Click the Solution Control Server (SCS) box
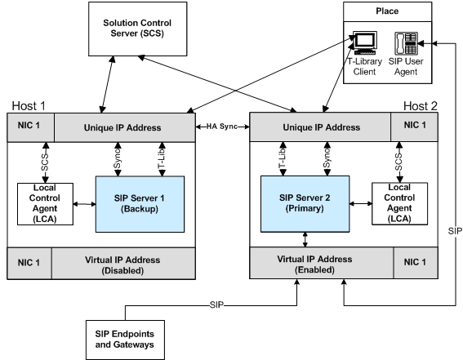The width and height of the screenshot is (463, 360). [138, 29]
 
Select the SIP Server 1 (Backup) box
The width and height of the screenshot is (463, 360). [140, 204]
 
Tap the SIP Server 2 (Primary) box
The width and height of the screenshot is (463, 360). [305, 204]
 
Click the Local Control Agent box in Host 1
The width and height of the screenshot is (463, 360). [45, 204]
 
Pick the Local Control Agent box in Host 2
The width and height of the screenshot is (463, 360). [399, 203]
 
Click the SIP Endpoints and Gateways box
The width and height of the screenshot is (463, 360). [125, 340]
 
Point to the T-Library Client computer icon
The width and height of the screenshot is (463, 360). [365, 42]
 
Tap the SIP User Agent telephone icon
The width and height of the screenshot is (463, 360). [407, 43]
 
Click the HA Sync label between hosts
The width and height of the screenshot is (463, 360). [222, 127]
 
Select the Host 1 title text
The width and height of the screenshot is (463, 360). [29, 105]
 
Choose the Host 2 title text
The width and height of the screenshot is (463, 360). [421, 105]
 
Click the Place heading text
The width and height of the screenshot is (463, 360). [387, 11]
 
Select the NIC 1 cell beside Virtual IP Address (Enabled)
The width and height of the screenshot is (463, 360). [416, 263]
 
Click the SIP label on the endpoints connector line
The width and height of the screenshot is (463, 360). [216, 304]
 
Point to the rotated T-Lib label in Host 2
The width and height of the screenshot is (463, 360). [283, 158]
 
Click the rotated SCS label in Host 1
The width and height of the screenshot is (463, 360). [45, 162]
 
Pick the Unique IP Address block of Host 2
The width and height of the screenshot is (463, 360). [320, 127]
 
